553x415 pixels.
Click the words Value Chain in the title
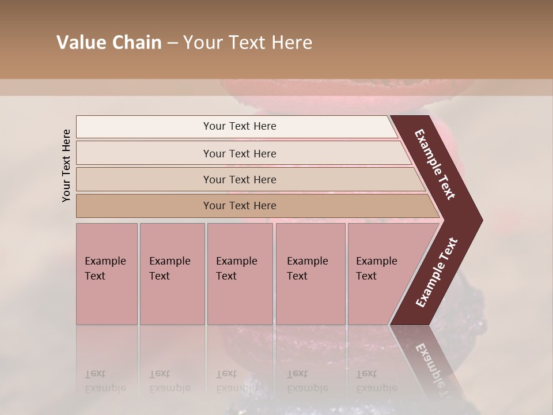(109, 43)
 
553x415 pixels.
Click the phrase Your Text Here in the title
(248, 43)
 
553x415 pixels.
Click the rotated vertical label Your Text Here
(66, 165)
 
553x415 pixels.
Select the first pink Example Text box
(107, 274)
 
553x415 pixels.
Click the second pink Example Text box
(172, 274)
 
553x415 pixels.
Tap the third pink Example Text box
(240, 274)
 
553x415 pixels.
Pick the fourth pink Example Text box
(310, 274)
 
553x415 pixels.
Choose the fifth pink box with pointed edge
(380, 274)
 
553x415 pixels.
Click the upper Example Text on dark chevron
(435, 164)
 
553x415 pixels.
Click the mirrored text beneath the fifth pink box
(377, 381)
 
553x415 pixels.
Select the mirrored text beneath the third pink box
(236, 381)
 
